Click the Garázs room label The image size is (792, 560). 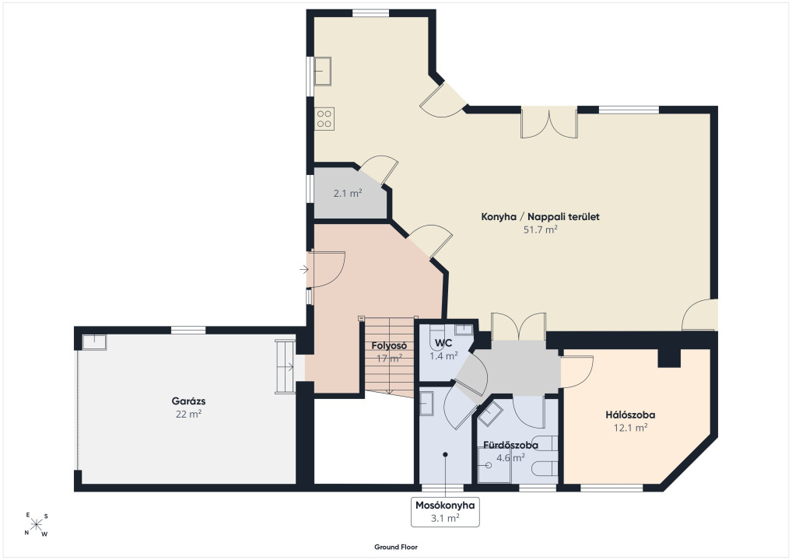coord(188,401)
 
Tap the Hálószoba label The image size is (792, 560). coord(630,415)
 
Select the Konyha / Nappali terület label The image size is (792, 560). coord(540,217)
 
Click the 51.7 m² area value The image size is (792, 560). coord(540,229)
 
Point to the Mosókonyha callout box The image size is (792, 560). coord(445,512)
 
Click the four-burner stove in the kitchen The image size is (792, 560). coord(324,119)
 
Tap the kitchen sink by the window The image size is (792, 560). coord(323,72)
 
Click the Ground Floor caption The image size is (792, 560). coord(396,547)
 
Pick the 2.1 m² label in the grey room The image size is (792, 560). coord(348,193)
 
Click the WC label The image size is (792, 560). coord(443,343)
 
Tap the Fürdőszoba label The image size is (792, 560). coord(510,446)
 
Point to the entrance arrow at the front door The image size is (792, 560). coord(304,270)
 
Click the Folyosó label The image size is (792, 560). coord(389,346)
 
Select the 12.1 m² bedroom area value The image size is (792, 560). coord(630,429)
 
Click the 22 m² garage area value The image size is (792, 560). coord(188,415)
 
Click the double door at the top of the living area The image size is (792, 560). coord(549,123)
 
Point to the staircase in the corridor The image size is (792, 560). coord(389,356)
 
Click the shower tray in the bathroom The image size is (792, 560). coord(494,465)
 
